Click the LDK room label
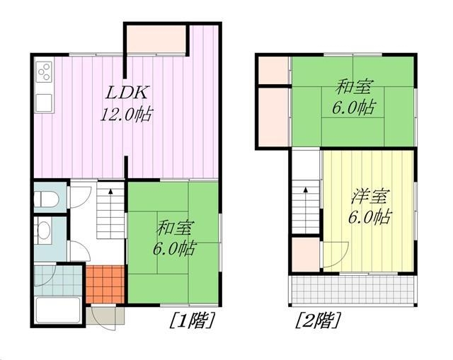tap(127, 93)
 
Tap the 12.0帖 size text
tap(126, 115)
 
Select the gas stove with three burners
tap(44, 72)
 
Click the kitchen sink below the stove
tap(44, 103)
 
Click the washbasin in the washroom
tap(43, 230)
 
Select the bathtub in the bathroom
tap(57, 310)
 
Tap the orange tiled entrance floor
tap(105, 284)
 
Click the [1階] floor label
tap(192, 320)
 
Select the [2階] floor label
tap(317, 320)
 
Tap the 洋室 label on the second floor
tap(371, 196)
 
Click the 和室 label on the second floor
tap(354, 86)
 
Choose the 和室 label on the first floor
tap(175, 228)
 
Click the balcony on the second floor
tap(353, 290)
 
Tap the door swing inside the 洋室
tap(336, 255)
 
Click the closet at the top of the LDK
tap(156, 40)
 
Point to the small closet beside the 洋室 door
tap(305, 254)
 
